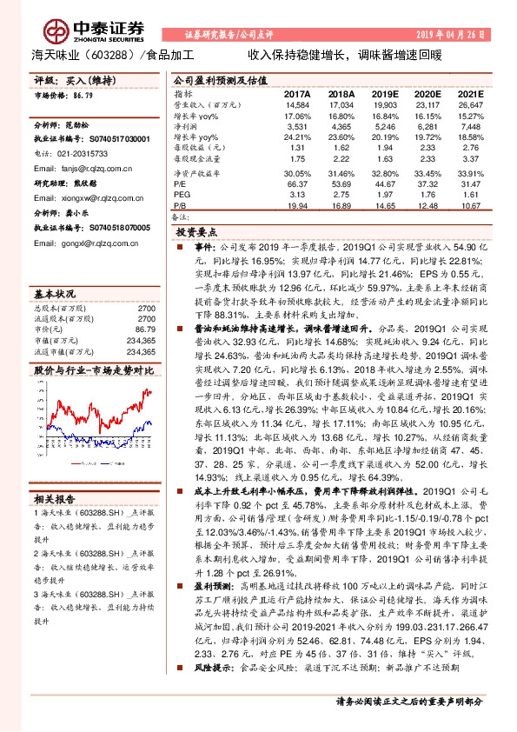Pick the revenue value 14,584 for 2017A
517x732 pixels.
[x=297, y=104]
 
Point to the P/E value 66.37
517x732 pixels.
[x=298, y=184]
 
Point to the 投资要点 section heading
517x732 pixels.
[x=195, y=234]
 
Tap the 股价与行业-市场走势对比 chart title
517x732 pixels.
[x=94, y=346]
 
